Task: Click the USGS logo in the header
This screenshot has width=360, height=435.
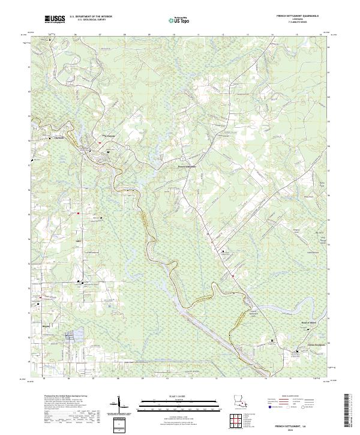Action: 55,19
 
